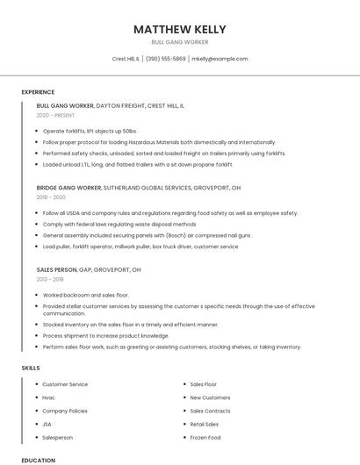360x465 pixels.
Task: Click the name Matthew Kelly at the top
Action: tap(179, 29)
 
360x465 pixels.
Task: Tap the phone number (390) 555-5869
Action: tap(166, 59)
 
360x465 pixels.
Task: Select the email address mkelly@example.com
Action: tap(220, 59)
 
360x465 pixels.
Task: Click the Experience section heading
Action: tap(38, 92)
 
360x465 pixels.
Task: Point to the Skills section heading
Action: tap(31, 368)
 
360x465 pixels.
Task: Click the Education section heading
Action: tap(38, 460)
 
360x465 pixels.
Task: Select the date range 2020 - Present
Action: tap(56, 115)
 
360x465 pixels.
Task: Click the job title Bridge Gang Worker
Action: tap(69, 188)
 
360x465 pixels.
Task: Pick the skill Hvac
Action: tap(49, 397)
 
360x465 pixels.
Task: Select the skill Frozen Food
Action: tap(205, 437)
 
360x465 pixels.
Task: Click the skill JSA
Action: tap(47, 424)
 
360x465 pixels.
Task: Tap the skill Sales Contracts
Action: tap(210, 411)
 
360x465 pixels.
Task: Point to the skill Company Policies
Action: tap(65, 411)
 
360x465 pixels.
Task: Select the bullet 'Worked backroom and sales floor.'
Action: tap(85, 296)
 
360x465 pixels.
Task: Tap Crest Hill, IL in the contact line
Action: tap(126, 59)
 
